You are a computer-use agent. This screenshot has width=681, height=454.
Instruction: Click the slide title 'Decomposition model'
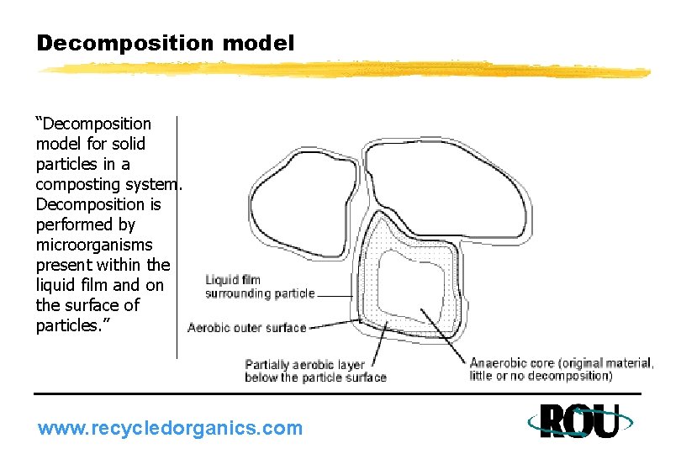coord(166,43)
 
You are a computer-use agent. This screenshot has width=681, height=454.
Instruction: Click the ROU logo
coord(578,421)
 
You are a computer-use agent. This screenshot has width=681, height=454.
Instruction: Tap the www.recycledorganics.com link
coord(170,428)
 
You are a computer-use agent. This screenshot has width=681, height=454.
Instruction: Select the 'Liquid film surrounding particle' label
coord(260,287)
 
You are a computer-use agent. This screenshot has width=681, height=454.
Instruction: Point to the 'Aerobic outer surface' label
coord(246,327)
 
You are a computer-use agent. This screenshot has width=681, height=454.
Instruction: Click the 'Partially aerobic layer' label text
coord(315,371)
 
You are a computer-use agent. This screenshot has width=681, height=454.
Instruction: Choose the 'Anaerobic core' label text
coord(561,369)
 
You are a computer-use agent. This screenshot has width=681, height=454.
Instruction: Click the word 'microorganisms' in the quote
coord(94,245)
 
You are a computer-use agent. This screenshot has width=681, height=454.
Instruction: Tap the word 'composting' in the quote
coord(74,184)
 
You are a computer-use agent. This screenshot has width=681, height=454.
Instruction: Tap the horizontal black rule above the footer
coord(336,393)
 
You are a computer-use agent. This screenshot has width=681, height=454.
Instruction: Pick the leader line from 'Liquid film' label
coord(338,295)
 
